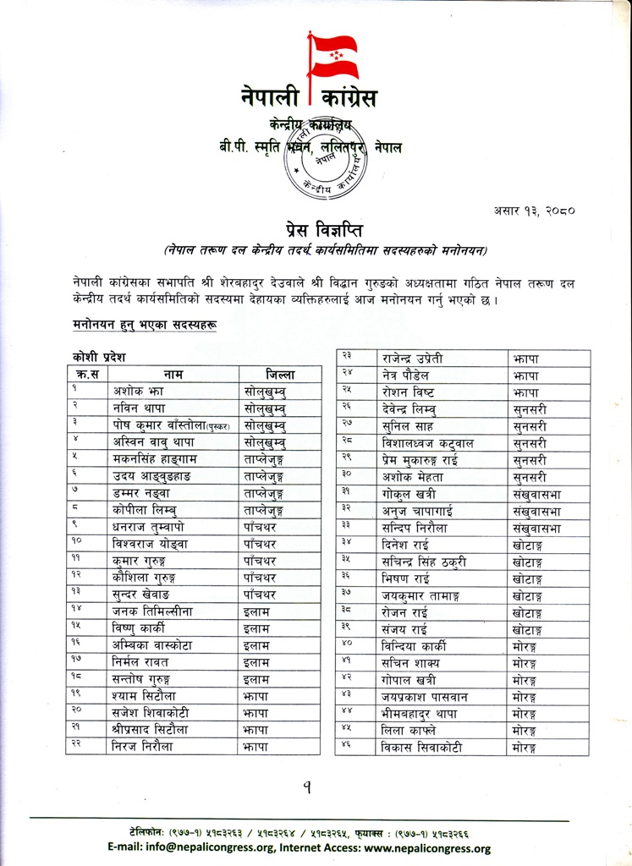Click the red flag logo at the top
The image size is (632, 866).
(333, 57)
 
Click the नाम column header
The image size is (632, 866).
(174, 374)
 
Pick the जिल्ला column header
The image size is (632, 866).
(280, 374)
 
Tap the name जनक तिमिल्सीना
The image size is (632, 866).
(159, 611)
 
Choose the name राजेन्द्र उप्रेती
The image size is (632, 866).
(423, 359)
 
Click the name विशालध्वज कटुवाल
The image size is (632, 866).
(427, 443)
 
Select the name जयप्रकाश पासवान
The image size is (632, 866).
(428, 696)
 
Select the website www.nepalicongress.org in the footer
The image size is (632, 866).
(428, 848)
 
